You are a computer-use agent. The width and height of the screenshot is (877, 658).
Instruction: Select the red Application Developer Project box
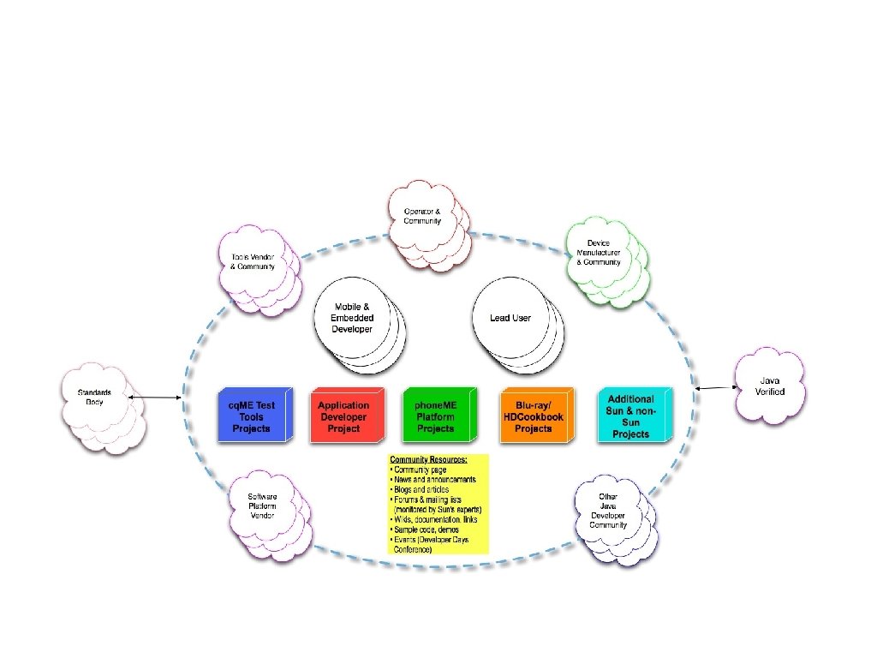tap(343, 416)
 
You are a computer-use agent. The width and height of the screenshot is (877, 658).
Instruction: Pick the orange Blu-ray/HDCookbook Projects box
tap(533, 416)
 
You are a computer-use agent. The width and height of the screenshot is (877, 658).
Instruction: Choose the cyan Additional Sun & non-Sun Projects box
tap(631, 416)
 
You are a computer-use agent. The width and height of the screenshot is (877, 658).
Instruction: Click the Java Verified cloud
tap(770, 386)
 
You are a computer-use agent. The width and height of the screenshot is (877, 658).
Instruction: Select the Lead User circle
tap(510, 318)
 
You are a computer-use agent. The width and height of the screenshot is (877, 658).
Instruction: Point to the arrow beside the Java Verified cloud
tap(715, 388)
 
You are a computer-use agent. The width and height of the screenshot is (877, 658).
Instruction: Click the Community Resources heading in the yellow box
tap(428, 460)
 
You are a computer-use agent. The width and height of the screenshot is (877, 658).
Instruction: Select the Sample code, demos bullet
tap(426, 530)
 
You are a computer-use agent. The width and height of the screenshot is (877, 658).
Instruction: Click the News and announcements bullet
tap(434, 480)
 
